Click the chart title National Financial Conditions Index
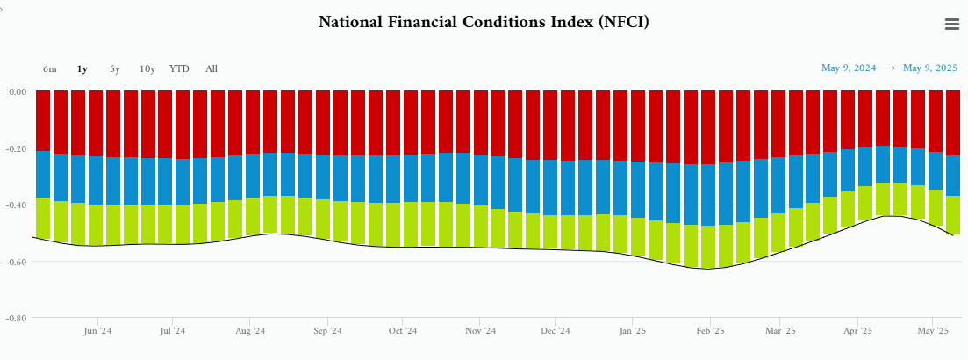(484, 21)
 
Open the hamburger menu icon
(952, 25)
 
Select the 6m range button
(50, 68)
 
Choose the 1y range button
(82, 68)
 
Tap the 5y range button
(115, 68)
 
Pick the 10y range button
(147, 68)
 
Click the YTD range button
(179, 68)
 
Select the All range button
(212, 68)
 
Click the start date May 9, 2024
(849, 68)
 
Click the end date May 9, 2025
(930, 68)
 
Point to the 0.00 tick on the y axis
(17, 91)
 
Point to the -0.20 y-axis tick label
(16, 148)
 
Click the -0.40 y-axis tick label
(16, 205)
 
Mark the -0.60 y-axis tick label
(16, 262)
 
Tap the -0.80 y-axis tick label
(16, 318)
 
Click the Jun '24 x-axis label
(97, 331)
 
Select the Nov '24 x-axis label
(480, 331)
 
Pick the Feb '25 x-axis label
(710, 331)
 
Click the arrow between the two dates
(890, 68)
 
